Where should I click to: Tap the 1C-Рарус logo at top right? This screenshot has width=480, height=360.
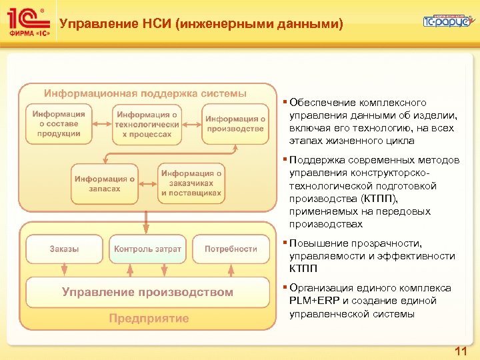point(447,21)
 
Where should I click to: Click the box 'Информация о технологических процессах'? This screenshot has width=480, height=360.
point(146,124)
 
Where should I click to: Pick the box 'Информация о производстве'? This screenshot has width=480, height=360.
point(235,124)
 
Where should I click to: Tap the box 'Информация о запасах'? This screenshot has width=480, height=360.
point(105,183)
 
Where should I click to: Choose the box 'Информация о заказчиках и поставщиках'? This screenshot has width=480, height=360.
point(191,183)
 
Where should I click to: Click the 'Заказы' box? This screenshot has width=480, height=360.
point(64,249)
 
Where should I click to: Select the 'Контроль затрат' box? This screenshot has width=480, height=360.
point(147,249)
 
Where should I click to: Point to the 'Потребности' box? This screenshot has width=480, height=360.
point(231,249)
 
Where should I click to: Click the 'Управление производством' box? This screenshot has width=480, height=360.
point(148,292)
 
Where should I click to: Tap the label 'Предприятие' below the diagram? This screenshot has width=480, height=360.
point(149,319)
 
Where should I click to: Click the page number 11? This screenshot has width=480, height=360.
point(460,351)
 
